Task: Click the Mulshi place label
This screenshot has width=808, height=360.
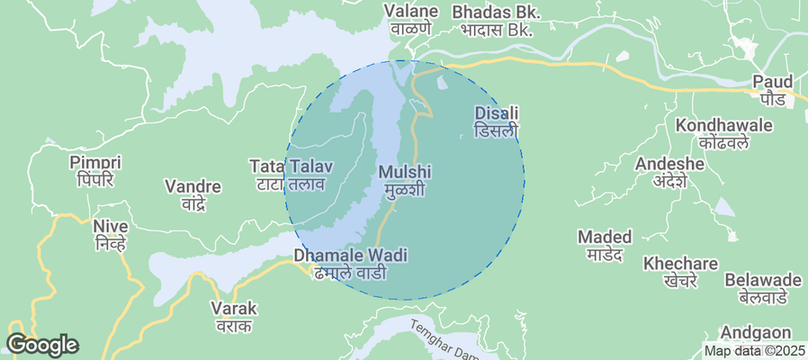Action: (405, 180)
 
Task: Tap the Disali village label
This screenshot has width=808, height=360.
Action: (497, 121)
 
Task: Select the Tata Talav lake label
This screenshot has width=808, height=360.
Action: (292, 175)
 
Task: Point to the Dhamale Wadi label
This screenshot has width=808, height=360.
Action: (350, 263)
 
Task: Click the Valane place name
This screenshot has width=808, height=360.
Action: (411, 20)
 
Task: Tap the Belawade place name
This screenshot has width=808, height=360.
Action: (762, 287)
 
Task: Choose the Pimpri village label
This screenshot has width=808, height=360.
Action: (94, 171)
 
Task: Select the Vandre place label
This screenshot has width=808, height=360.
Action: (193, 194)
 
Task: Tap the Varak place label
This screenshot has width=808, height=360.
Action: (233, 316)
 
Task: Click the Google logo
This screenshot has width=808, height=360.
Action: (42, 344)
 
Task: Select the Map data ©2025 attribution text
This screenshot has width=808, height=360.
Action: (754, 351)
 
